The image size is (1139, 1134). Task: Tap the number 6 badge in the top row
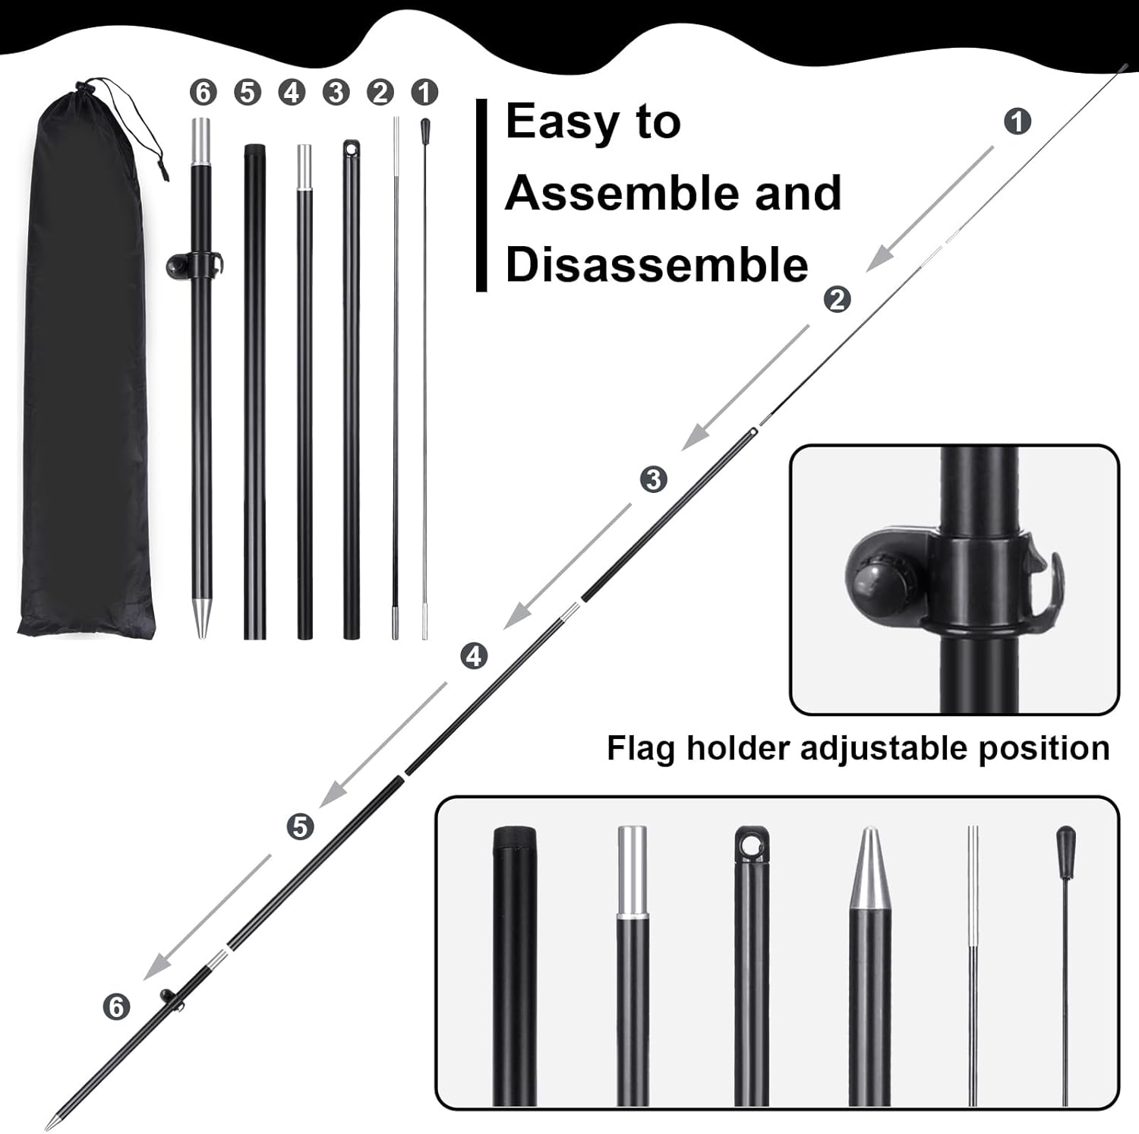coord(203,93)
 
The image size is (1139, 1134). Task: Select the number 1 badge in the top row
coord(424,93)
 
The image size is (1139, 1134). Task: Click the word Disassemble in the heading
coord(657,265)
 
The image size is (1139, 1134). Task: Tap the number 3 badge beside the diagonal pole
coord(653,479)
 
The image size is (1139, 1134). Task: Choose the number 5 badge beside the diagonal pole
coord(300,826)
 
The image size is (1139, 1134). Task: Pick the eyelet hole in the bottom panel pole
coord(752,844)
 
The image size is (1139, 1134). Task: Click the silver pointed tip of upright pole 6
coord(201,618)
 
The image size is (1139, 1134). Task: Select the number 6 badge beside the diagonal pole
coord(116,1007)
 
